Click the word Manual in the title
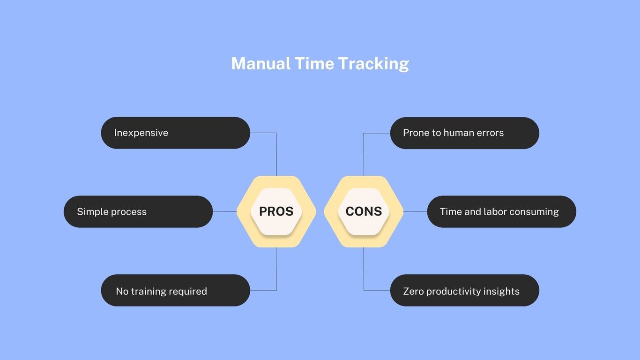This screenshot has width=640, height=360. click(260, 63)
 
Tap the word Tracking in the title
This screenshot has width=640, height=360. click(373, 64)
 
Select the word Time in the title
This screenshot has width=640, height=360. click(314, 63)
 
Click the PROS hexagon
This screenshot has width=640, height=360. click(276, 211)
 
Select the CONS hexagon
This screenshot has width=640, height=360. click(364, 211)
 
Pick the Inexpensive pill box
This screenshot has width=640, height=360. click(175, 133)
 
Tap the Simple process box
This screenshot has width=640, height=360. click(138, 211)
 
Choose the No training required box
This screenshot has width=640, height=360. click(175, 291)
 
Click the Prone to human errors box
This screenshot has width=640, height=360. click(464, 133)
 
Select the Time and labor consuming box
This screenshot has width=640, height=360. click(501, 211)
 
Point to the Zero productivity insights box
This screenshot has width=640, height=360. click(464, 291)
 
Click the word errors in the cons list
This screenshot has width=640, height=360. click(489, 133)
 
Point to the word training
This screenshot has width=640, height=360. click(149, 291)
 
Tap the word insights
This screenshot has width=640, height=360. click(501, 291)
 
